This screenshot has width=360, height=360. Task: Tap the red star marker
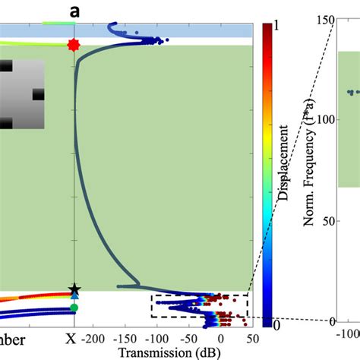pos(73,46)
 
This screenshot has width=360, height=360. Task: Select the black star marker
pos(74,289)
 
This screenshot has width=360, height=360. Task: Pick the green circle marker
pos(74,308)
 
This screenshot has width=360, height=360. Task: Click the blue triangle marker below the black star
pos(74,297)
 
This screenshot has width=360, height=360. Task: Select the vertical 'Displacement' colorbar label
pos(283,174)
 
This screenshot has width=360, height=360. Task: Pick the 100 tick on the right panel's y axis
pos(326,119)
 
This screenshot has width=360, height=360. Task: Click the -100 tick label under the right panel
pos(349,335)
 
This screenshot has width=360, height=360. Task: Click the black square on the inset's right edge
pos(37,96)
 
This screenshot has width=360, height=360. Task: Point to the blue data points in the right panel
pos(352,93)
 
